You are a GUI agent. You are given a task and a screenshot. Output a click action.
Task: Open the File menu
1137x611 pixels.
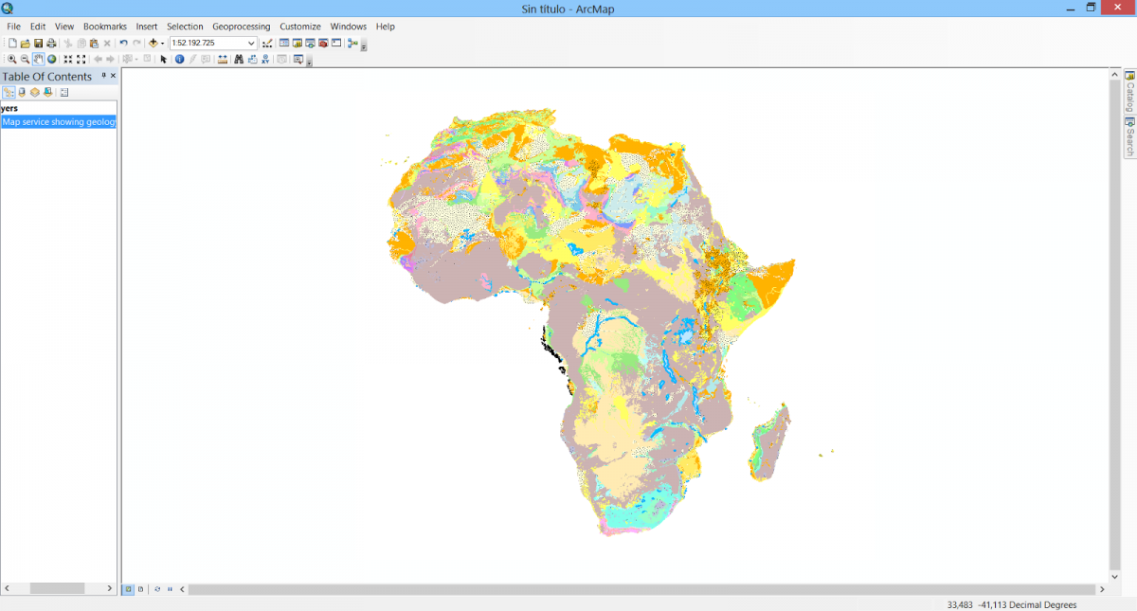[13, 27]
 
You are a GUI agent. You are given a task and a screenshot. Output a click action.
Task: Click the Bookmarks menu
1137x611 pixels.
[104, 27]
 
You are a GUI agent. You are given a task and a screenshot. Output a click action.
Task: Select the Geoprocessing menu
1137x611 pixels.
[241, 27]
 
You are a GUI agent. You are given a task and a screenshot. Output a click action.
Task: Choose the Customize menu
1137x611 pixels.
[299, 27]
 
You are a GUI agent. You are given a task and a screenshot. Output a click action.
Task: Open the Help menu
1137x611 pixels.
[385, 27]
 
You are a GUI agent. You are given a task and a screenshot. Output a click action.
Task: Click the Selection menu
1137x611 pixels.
[185, 27]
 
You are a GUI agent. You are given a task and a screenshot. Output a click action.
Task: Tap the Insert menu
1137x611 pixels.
[147, 27]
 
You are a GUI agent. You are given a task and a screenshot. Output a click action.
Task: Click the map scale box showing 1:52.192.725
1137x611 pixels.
[208, 44]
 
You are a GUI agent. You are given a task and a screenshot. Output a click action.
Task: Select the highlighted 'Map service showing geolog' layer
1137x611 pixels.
[59, 122]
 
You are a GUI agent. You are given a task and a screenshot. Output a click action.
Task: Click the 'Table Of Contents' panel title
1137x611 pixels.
[47, 77]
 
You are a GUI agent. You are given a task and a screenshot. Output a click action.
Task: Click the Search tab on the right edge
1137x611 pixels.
[1129, 137]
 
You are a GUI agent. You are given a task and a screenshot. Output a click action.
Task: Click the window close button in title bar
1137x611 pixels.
[1118, 8]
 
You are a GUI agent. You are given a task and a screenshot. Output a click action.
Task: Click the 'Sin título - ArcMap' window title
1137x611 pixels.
[568, 9]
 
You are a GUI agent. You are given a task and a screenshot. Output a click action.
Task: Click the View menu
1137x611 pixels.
[64, 27]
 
